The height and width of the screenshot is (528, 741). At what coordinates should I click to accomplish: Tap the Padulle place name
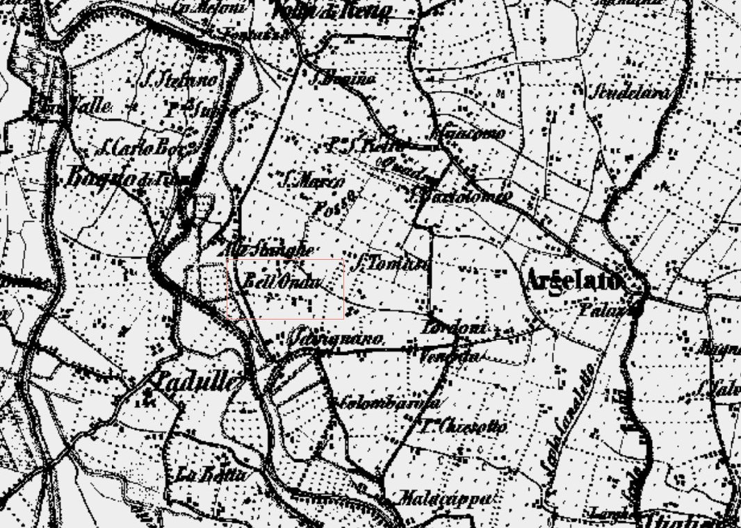coord(197,381)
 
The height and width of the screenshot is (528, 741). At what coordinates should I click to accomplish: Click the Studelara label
coord(631,92)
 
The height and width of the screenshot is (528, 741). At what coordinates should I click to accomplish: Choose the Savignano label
coord(336,340)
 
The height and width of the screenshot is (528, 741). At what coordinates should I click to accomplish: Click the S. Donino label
coord(343,79)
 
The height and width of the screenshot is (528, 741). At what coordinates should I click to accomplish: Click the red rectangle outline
coord(286,258)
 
